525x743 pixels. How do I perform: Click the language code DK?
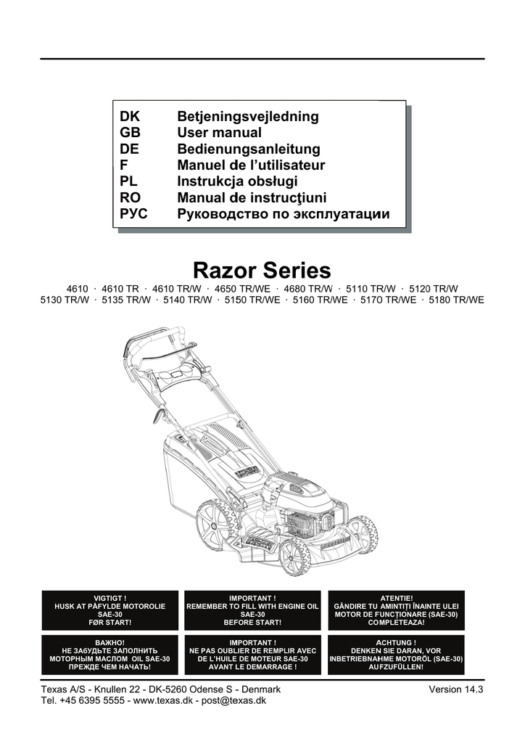tap(131, 117)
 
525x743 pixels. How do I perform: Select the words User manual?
tap(219, 133)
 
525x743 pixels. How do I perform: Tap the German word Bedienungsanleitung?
tap(249, 149)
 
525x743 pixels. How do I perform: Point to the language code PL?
tap(128, 181)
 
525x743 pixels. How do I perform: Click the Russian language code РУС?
tap(133, 214)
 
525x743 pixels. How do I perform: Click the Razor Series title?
tap(262, 271)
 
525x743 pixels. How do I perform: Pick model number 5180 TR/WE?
tap(456, 300)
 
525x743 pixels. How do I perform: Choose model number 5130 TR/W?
tap(65, 300)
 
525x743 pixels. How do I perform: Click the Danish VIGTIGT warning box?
tap(109, 610)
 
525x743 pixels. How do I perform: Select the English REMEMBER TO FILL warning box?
tap(253, 610)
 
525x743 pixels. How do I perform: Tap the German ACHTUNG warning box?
tap(396, 655)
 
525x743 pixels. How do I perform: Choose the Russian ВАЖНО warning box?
tap(109, 655)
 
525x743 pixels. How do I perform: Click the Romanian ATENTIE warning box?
tap(396, 610)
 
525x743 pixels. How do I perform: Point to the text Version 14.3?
tap(456, 689)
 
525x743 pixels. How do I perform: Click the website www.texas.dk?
tap(163, 701)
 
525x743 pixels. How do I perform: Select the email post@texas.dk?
tap(233, 701)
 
